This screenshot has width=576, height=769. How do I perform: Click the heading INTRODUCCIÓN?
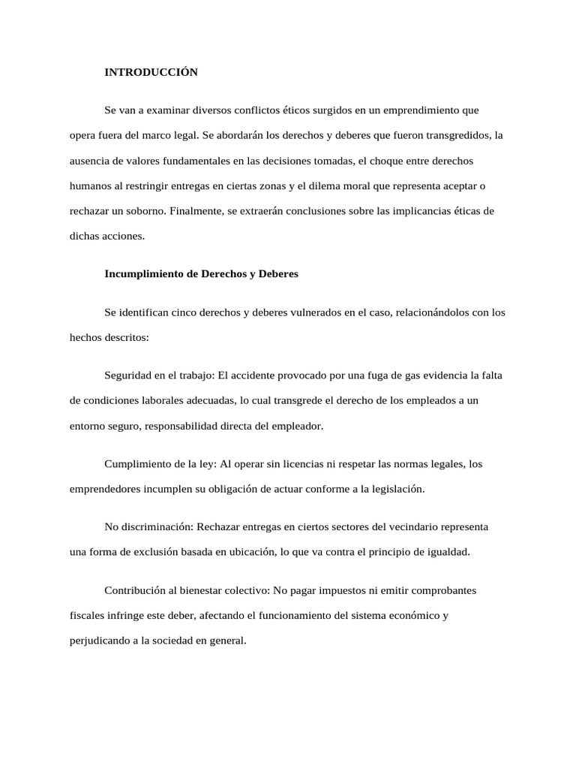pyautogui.click(x=151, y=72)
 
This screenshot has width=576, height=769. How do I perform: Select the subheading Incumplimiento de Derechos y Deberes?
pyautogui.click(x=201, y=274)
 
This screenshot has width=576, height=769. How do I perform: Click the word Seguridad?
pyautogui.click(x=128, y=375)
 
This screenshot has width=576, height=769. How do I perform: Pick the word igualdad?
pyautogui.click(x=445, y=552)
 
